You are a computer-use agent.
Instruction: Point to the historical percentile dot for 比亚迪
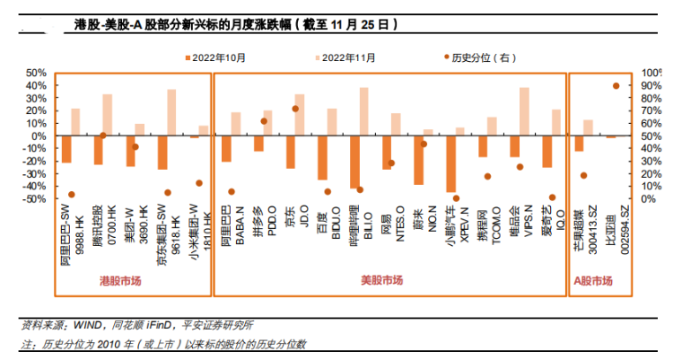tap(616, 86)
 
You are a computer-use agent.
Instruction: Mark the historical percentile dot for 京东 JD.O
tap(295, 109)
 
